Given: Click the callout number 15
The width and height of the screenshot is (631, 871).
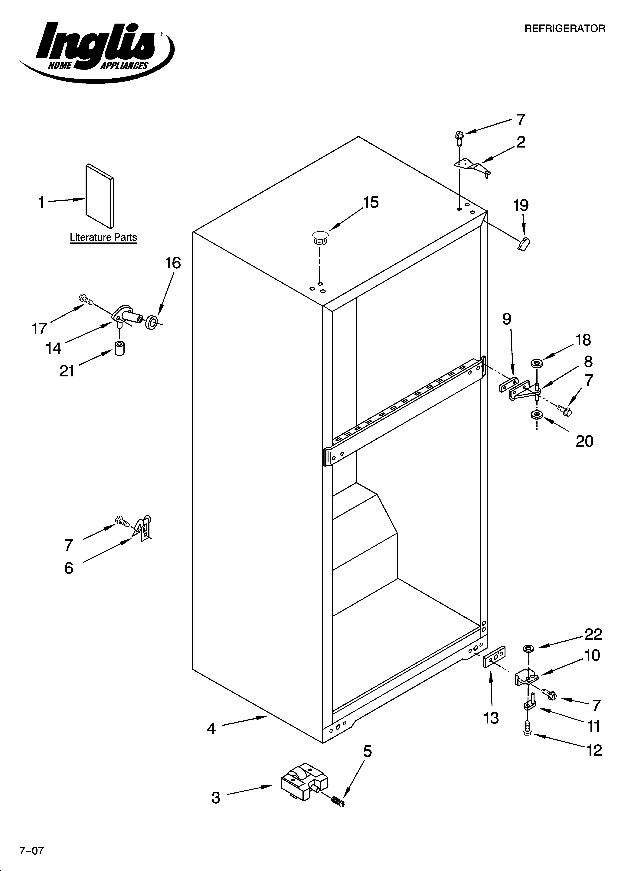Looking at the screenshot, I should (x=371, y=202).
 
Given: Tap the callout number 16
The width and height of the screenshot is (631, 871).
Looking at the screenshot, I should (x=173, y=263).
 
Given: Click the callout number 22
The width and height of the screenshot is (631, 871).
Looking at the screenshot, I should (x=593, y=634).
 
